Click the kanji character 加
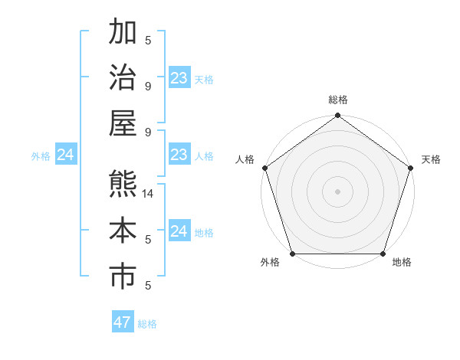tap(123, 32)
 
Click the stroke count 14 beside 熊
tap(149, 194)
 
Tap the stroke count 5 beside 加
tap(148, 40)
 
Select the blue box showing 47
tap(123, 322)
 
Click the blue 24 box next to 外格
tap(66, 155)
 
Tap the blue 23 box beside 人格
tap(179, 155)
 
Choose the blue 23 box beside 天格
tap(179, 78)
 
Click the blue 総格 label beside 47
tap(147, 324)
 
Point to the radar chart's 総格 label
tap(338, 100)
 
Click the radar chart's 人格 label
tap(245, 159)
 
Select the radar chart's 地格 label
tap(402, 263)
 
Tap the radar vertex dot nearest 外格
tap(293, 254)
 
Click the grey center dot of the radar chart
tap(338, 191)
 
